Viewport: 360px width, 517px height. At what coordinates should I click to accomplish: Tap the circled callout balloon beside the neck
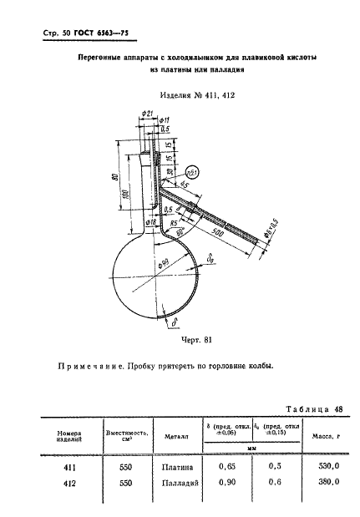point(192,173)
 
